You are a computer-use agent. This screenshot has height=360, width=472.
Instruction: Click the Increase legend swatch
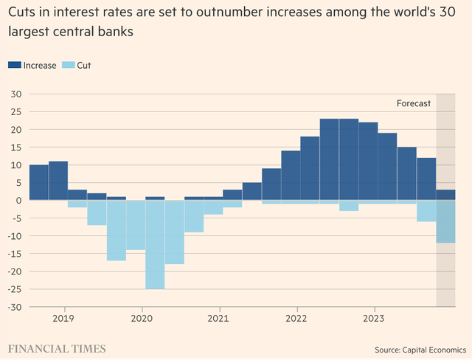point(15,65)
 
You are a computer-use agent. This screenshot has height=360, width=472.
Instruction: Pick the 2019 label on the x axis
point(64,320)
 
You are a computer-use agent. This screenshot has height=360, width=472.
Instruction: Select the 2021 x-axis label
point(219,320)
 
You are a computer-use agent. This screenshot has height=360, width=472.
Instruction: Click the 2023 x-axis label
point(374,320)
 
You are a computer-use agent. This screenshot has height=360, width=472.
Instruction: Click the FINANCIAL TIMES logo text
point(57,348)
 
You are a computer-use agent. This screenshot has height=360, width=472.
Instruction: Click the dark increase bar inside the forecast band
point(445,195)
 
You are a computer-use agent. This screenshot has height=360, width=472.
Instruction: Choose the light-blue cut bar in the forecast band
point(445,221)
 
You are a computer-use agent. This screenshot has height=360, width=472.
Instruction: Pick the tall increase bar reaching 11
point(58,181)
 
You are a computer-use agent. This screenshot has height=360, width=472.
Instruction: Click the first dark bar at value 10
point(39,182)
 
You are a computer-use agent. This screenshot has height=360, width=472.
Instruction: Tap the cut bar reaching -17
point(117,230)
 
